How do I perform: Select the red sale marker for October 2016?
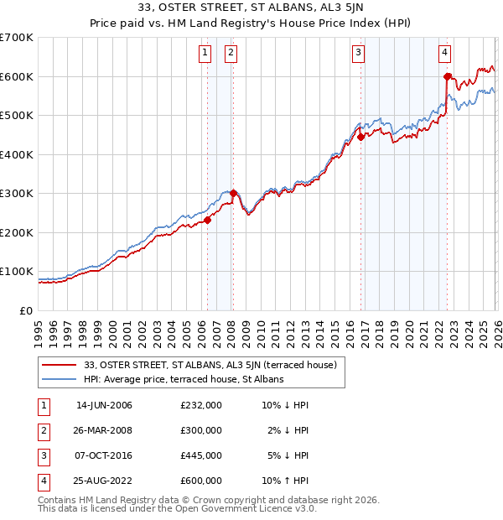[360, 138]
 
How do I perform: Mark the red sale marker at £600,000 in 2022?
[447, 77]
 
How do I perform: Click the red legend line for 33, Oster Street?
[60, 365]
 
